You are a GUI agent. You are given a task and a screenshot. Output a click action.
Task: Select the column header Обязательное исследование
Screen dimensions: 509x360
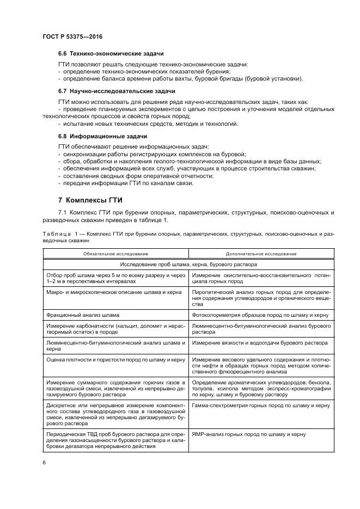click(x=115, y=254)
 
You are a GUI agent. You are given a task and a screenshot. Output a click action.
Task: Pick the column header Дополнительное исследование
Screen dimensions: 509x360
click(x=261, y=254)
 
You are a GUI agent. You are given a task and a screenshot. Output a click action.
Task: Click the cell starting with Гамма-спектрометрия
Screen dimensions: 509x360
click(x=261, y=406)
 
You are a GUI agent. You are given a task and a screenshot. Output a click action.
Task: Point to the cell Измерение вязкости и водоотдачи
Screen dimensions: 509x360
click(x=260, y=344)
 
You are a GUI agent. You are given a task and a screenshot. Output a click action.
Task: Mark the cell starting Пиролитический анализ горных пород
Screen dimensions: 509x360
click(x=261, y=298)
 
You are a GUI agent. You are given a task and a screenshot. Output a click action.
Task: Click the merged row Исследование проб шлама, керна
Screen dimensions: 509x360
click(x=188, y=265)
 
